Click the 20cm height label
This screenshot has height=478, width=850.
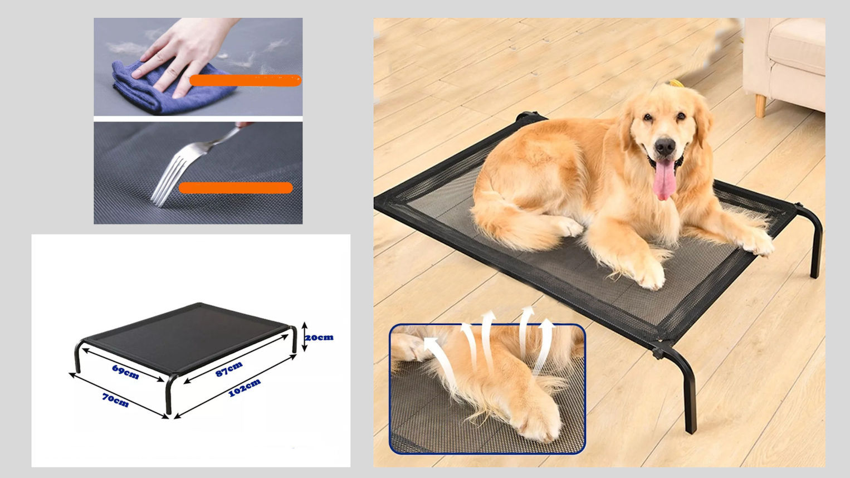[x=319, y=337]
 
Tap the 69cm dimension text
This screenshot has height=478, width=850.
[x=125, y=372]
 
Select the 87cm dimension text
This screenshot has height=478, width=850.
[x=229, y=369]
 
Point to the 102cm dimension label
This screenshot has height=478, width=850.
[x=245, y=388]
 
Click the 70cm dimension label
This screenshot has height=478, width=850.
[x=115, y=400]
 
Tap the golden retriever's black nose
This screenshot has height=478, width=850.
[x=665, y=146]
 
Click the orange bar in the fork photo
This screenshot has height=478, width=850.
[x=236, y=188]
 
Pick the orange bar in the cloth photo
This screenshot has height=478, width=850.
[x=245, y=80]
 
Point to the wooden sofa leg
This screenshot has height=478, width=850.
[x=760, y=106]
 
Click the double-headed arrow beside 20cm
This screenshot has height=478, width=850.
[x=304, y=336]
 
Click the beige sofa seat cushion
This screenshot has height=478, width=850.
[x=797, y=46]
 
